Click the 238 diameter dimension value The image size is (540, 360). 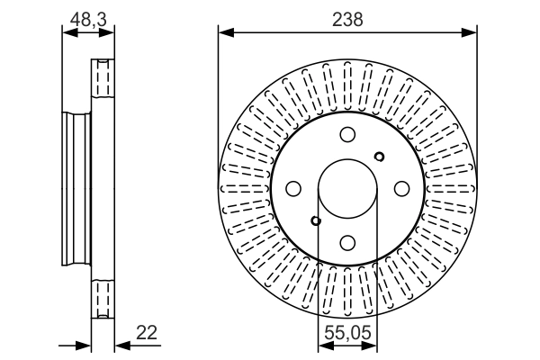347,20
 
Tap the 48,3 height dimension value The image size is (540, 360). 88,19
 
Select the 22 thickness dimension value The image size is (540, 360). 147,333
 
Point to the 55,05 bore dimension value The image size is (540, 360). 347,333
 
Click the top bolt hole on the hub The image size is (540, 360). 347,134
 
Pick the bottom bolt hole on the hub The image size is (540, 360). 347,242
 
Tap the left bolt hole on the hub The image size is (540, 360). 293,188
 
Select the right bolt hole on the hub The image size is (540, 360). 401,188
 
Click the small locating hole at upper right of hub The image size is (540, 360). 379,157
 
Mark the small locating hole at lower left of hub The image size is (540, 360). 316,220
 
